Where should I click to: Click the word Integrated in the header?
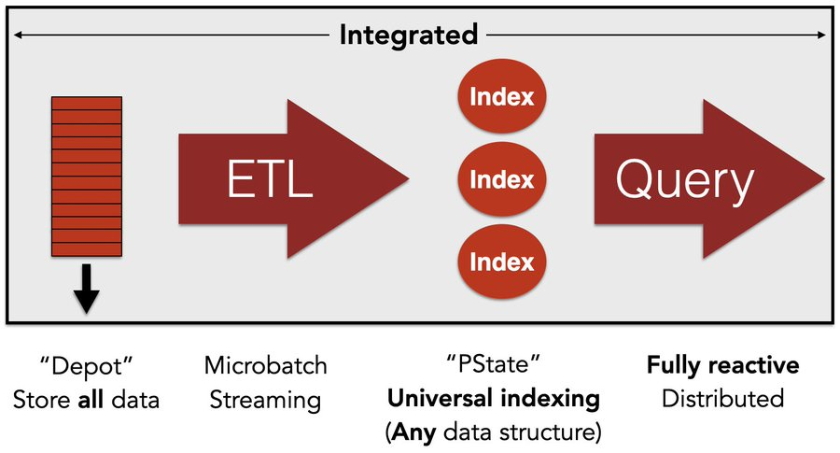click(x=409, y=35)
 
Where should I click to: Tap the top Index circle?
click(x=502, y=96)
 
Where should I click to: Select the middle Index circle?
click(x=502, y=179)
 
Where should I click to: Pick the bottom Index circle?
click(x=502, y=262)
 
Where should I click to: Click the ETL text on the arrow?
click(x=270, y=179)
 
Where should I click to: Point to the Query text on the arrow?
click(x=685, y=181)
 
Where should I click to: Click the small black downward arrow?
click(x=86, y=289)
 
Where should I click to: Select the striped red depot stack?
click(x=87, y=177)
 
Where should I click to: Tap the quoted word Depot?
click(x=86, y=367)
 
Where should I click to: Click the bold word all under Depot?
click(x=91, y=400)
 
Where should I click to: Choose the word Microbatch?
click(x=266, y=365)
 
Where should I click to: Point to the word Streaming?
click(x=265, y=401)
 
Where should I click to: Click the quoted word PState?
click(x=494, y=365)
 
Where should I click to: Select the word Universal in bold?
click(x=441, y=398)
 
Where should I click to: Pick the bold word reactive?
click(x=754, y=365)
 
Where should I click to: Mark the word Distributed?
click(x=722, y=399)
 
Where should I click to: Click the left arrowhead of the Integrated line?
click(x=18, y=35)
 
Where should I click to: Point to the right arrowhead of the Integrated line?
click(x=821, y=35)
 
